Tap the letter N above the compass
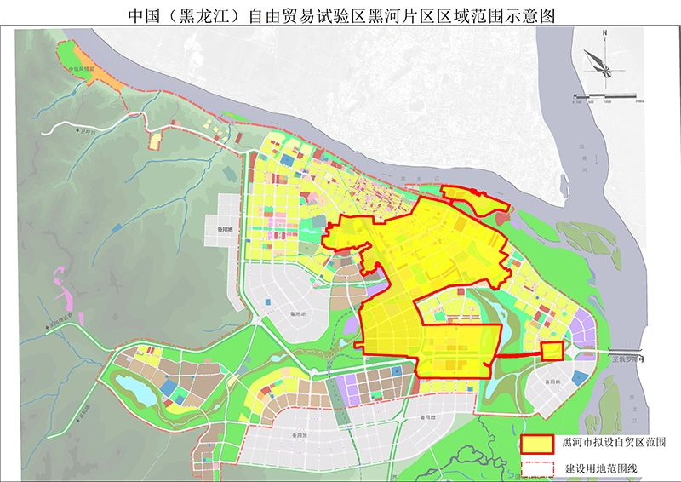[603, 35]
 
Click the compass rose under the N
[603, 61]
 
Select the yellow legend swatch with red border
[537, 444]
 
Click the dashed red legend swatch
[537, 468]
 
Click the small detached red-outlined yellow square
[552, 351]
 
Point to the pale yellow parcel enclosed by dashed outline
[155, 139]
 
